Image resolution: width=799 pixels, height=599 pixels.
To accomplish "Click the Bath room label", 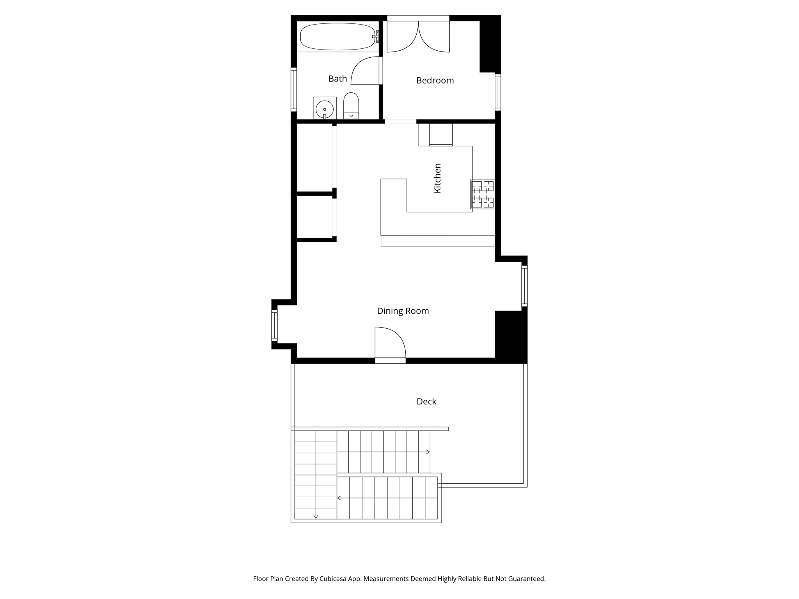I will (337, 79).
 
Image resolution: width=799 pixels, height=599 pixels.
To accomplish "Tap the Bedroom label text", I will (435, 81).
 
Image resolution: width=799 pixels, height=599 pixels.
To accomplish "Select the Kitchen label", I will (437, 178).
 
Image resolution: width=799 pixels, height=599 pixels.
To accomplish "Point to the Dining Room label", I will (403, 311).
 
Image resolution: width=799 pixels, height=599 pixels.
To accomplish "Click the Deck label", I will (426, 401).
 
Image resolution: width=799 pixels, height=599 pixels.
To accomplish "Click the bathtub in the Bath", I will (337, 37).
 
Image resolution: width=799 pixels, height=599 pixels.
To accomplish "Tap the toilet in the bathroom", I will (351, 106).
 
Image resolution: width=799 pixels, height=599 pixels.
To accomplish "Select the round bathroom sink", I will (324, 109).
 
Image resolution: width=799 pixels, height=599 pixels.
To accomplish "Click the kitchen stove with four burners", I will (483, 194).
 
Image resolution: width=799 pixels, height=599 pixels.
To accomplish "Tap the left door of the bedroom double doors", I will (402, 37).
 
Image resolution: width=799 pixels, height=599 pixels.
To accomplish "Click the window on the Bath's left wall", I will (294, 90).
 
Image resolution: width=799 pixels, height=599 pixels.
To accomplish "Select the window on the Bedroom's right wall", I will (498, 92).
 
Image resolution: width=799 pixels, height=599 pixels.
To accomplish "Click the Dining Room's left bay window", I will (274, 325).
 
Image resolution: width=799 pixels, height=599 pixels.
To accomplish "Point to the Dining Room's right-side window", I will (524, 286).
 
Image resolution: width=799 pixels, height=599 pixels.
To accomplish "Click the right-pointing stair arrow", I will (428, 452).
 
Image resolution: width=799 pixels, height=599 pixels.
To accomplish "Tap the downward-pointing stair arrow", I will (316, 517).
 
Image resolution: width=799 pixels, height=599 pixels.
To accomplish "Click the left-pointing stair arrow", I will (339, 498).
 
